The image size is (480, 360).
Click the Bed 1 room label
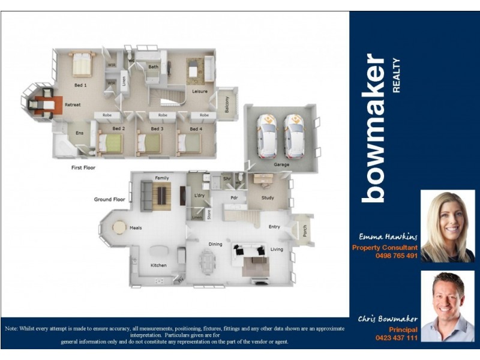click(80, 86)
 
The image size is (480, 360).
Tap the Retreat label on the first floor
click(73, 105)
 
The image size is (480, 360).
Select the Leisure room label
click(200, 91)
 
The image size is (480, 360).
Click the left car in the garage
click(267, 136)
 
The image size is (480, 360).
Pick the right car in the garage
click(294, 136)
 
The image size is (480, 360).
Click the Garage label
click(281, 164)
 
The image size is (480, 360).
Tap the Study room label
click(268, 197)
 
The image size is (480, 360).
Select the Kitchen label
click(158, 265)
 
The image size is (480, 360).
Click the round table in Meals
click(119, 227)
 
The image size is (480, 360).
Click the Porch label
click(305, 231)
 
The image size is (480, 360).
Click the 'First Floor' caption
click(83, 168)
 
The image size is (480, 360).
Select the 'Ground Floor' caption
click(109, 199)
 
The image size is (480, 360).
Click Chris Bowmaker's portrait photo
click(448, 306)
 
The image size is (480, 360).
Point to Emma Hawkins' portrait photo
click(448, 226)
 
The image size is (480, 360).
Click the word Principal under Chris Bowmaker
click(403, 329)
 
